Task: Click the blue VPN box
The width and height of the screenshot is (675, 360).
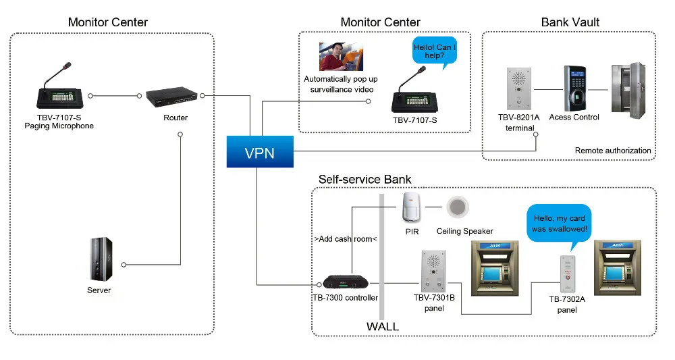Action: pos(260,152)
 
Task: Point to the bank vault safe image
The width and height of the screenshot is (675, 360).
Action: pos(632,88)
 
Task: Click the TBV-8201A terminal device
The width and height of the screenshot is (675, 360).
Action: pos(518,88)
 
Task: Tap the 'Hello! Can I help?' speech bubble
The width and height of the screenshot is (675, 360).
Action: pos(434,53)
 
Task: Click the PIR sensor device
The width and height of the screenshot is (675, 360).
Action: pos(411,207)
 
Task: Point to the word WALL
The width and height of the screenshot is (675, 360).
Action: pos(382,327)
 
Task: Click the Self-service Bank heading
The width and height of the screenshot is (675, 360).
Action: pos(364,180)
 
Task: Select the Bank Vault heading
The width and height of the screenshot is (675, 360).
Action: pos(570,22)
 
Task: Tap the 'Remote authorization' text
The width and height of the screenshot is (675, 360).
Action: pos(613,151)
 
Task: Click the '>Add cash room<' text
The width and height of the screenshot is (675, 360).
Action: pos(345,239)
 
